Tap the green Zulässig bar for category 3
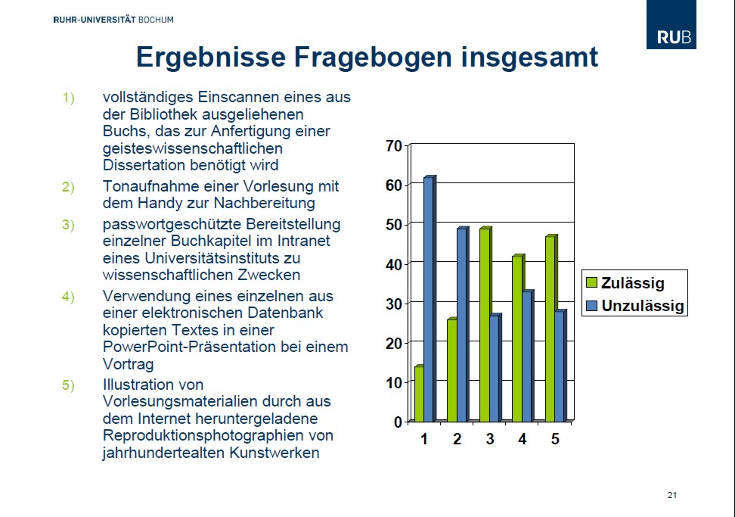(x=485, y=324)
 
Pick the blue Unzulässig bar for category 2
(x=463, y=324)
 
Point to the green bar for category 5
(x=551, y=328)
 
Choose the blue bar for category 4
(x=528, y=356)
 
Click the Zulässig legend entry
(x=625, y=283)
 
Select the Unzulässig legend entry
(x=635, y=306)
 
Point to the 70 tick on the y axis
(x=394, y=146)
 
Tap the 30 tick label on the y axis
(x=394, y=304)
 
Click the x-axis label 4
(x=523, y=438)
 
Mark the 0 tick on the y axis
(x=399, y=422)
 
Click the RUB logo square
(x=671, y=24)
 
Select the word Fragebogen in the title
(x=373, y=58)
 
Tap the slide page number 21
(x=672, y=495)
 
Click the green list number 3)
(x=69, y=225)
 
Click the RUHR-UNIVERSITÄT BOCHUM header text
(x=113, y=19)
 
